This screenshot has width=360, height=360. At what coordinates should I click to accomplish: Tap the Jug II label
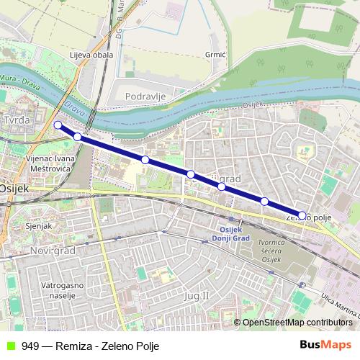coord(195,295)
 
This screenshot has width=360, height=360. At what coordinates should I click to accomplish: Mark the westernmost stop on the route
coord(58,125)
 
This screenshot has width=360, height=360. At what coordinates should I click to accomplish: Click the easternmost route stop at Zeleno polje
coord(302,215)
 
